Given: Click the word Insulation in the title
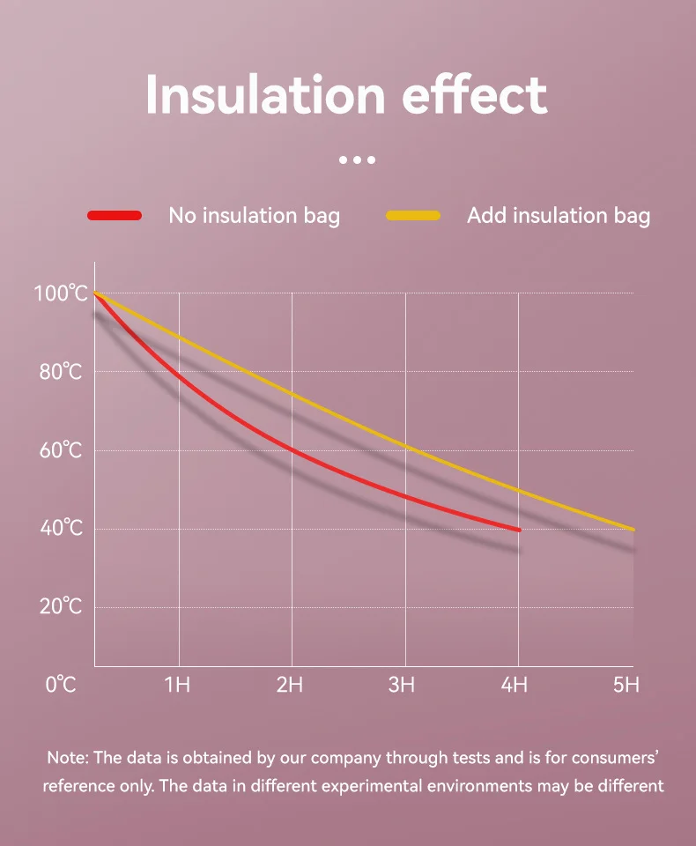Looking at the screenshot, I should point(265,94).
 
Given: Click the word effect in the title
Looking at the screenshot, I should point(475,94).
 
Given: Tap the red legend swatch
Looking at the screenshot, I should point(115,216).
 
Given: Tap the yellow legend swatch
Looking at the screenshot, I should point(413,216).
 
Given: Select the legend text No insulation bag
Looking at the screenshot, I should point(254,216).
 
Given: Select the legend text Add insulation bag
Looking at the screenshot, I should point(559,216).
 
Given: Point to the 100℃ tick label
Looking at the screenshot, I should point(61,293).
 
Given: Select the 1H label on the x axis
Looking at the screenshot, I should point(177,684).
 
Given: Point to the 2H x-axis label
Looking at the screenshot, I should point(290,684).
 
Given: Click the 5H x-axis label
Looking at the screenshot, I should point(626,684).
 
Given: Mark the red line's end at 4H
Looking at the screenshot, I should point(518,530).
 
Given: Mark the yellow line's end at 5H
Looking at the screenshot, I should point(632,529).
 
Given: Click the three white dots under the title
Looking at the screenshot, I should point(357,160).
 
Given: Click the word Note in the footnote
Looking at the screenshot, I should point(67,757).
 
